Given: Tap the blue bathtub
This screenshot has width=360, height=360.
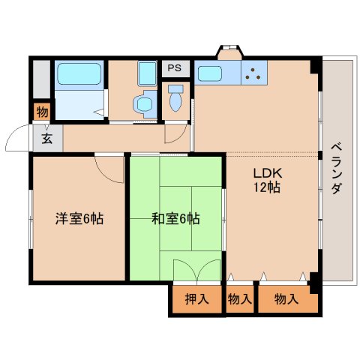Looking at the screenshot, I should pyautogui.click(x=79, y=75).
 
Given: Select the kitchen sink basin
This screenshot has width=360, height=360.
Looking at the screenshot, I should pyautogui.click(x=208, y=74).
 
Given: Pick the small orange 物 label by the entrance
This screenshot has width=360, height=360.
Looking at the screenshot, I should pyautogui.click(x=41, y=112).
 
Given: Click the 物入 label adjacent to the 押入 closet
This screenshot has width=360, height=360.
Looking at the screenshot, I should pyautogui.click(x=239, y=300).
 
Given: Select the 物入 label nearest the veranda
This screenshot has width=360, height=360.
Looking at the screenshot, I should pyautogui.click(x=286, y=300).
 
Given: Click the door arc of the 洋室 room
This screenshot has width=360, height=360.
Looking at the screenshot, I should pyautogui.click(x=110, y=169).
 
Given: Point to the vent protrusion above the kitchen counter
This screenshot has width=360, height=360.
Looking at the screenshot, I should pyautogui.click(x=229, y=52).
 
